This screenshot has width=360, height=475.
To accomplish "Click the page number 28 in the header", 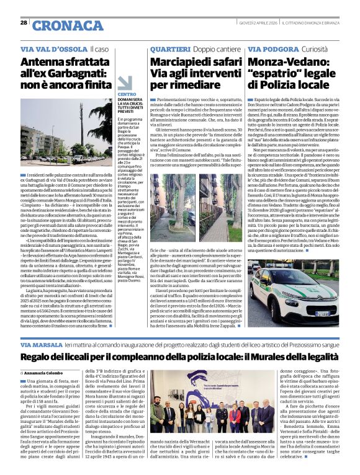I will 23,23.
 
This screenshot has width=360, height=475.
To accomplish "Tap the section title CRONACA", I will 59,25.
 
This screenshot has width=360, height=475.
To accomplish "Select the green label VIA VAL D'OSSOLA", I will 53,48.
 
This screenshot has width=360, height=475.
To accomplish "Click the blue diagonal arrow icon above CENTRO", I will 124,84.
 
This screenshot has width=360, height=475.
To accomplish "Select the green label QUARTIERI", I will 167,48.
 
